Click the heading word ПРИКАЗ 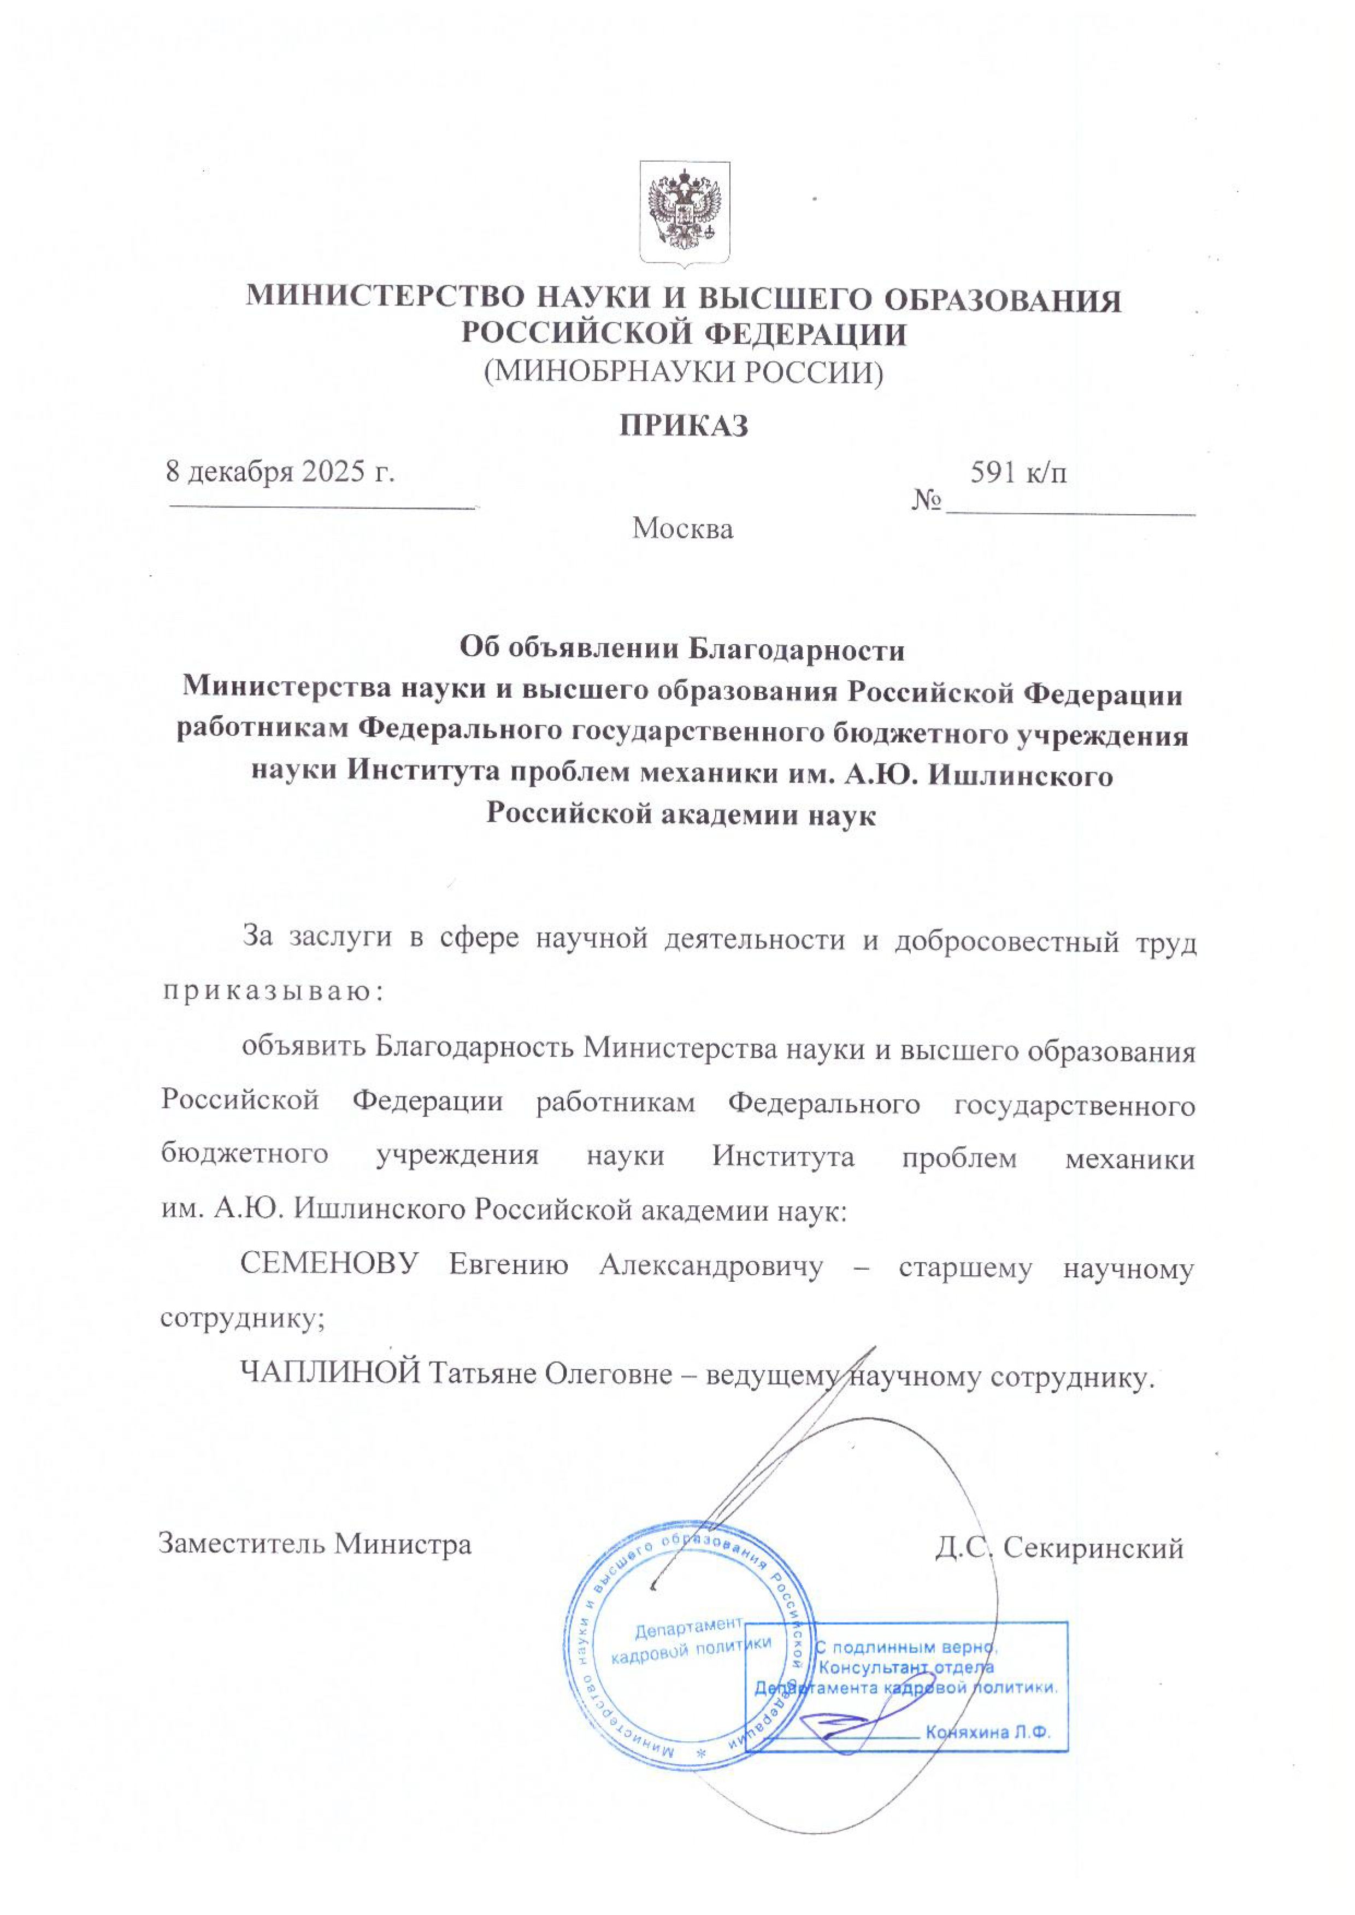684,426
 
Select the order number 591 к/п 1019,473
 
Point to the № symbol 927,500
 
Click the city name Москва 682,529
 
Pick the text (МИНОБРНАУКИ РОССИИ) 684,372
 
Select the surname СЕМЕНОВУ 329,1265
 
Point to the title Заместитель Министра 315,1545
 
